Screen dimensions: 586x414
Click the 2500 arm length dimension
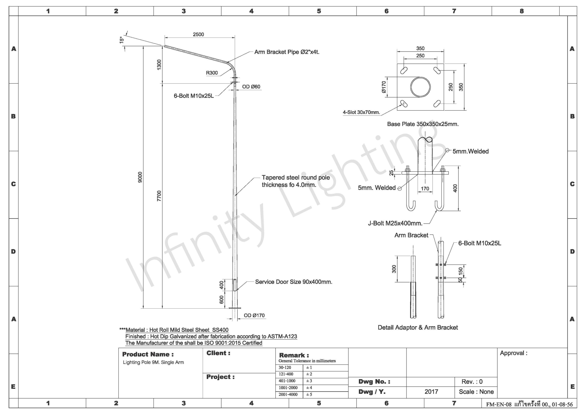click(x=198, y=35)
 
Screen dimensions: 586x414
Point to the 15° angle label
click(x=122, y=40)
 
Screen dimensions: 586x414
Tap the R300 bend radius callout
click(x=212, y=73)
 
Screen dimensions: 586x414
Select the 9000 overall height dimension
click(x=140, y=177)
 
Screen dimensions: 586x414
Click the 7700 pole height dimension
click(x=159, y=196)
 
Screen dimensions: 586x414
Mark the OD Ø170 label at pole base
click(x=254, y=316)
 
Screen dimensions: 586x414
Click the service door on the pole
click(x=235, y=285)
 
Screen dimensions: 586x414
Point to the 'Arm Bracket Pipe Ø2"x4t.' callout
click(x=287, y=52)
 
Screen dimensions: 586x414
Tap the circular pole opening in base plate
click(x=420, y=87)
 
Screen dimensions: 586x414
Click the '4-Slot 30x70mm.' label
click(x=361, y=112)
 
